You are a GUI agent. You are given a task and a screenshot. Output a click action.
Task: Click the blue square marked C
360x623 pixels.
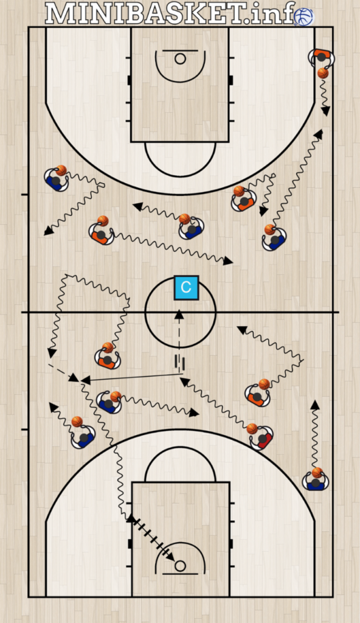click(x=186, y=287)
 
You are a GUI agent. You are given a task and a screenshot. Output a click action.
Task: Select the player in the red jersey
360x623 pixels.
click(x=263, y=439)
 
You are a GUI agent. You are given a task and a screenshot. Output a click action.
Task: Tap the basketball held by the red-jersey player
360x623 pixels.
click(x=252, y=429)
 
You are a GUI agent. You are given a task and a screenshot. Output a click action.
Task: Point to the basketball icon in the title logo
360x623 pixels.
click(x=305, y=16)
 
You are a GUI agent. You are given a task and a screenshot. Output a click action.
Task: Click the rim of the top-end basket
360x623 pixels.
click(x=181, y=59)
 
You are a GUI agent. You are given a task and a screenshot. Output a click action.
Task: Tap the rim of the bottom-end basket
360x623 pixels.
click(x=181, y=566)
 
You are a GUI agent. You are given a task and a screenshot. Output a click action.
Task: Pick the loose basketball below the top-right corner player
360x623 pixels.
click(x=323, y=73)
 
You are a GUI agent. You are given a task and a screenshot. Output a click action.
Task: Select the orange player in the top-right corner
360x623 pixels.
click(x=322, y=57)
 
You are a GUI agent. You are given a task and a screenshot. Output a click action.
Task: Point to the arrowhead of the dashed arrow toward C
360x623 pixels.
click(x=179, y=314)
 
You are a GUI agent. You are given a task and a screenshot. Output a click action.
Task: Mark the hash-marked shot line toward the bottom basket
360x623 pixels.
click(x=151, y=537)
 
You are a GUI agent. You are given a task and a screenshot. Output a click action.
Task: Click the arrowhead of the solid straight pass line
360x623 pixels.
click(x=85, y=380)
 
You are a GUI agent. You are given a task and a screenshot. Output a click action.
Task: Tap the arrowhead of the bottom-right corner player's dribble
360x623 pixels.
click(x=315, y=405)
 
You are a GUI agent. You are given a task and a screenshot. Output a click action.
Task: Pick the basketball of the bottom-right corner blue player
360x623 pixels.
click(x=317, y=473)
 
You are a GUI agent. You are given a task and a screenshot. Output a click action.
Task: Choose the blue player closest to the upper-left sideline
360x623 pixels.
click(x=56, y=180)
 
